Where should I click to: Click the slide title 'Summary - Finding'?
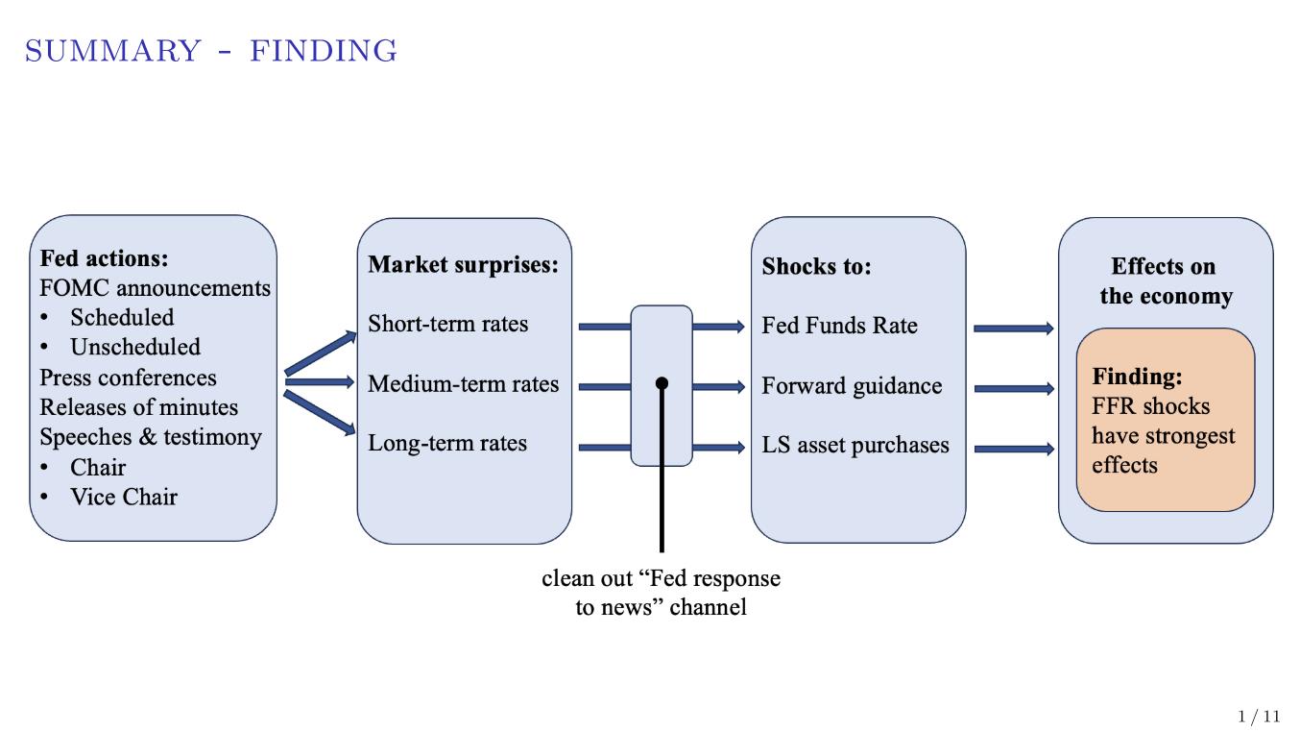tap(211, 51)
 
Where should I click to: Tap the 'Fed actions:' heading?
tap(104, 258)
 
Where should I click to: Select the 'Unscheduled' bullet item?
tap(134, 347)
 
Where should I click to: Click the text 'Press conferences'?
tap(128, 378)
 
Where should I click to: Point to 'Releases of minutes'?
tap(138, 407)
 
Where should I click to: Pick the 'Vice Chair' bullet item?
tap(123, 497)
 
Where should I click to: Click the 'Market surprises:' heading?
tap(463, 264)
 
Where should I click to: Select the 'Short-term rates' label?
tap(447, 324)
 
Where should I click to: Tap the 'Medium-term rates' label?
tap(463, 384)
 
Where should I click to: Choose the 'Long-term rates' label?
tap(447, 444)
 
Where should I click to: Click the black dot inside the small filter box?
tap(662, 383)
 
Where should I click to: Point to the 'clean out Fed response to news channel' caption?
tap(661, 593)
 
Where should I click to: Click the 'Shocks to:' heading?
tap(816, 266)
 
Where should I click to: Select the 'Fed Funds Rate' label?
tap(839, 326)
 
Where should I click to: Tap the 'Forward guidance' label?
tap(852, 386)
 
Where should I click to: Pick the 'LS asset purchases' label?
tap(855, 446)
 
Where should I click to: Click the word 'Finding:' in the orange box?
tap(1137, 377)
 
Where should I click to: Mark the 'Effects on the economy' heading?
tap(1164, 280)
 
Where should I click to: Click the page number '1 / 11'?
tap(1259, 717)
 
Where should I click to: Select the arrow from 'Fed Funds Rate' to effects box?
tap(1013, 329)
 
